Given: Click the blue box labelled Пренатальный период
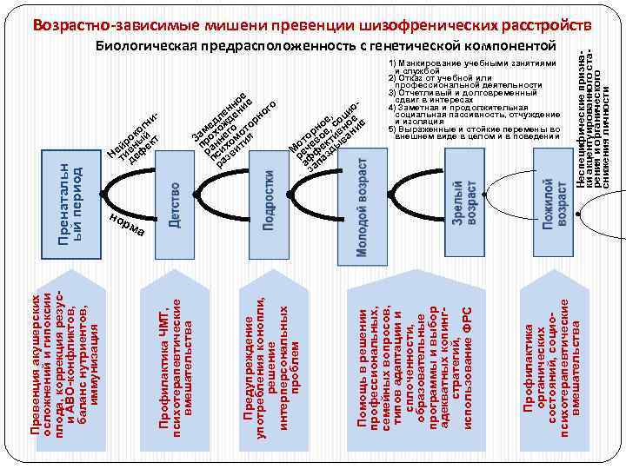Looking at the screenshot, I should [x=70, y=200].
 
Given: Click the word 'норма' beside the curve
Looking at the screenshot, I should [x=130, y=224].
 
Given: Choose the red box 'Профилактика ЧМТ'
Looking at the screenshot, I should [x=170, y=356].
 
